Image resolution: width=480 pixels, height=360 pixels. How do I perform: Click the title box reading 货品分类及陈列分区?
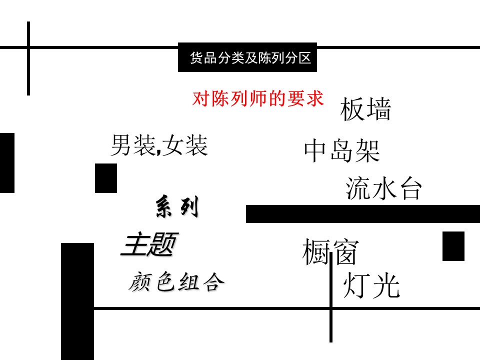247,57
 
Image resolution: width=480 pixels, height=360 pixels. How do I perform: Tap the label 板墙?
365,110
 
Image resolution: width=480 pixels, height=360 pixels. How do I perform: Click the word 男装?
129,145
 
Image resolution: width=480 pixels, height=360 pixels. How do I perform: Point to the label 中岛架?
342,151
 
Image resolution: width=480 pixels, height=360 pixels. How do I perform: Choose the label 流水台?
384,188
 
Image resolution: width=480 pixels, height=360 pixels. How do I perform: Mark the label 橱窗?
330,252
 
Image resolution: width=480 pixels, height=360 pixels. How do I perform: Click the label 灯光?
371,286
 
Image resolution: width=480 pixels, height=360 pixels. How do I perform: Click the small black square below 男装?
106,178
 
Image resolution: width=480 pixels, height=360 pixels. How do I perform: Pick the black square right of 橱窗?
453,246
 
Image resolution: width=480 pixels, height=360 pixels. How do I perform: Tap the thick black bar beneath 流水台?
362,214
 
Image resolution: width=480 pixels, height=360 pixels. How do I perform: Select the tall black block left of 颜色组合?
77,300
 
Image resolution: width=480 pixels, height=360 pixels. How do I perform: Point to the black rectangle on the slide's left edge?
7,162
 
